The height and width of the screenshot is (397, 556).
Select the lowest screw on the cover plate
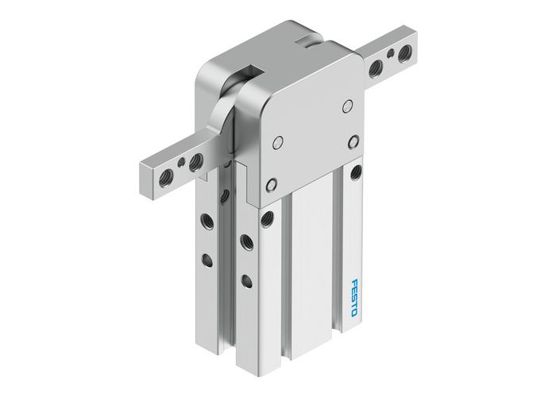(x=272, y=185)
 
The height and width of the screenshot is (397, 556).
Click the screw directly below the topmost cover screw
(x=353, y=141)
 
